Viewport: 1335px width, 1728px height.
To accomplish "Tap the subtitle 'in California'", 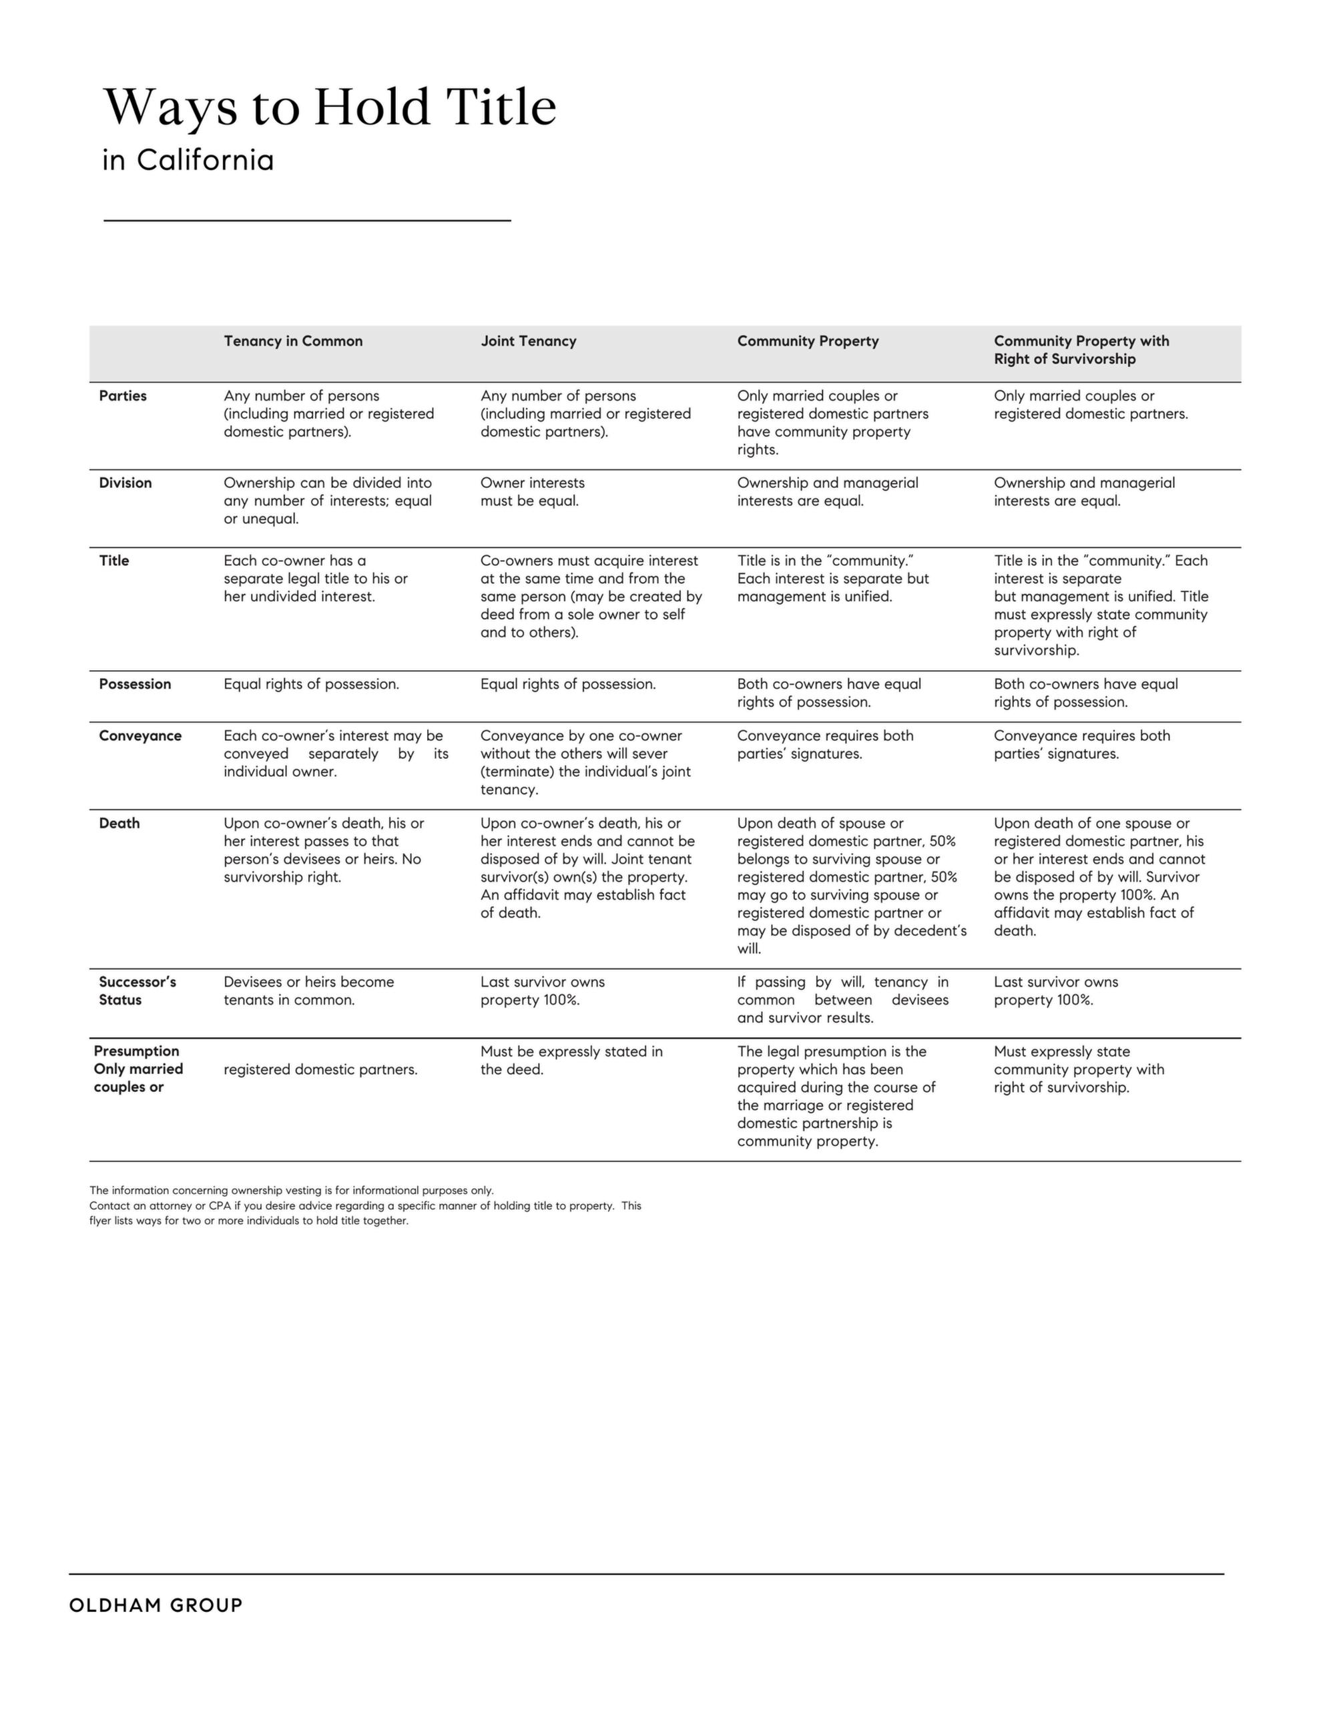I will pos(188,161).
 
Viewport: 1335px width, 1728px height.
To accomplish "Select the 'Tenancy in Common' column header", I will pos(293,341).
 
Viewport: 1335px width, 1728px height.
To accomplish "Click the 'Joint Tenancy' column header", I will pos(528,341).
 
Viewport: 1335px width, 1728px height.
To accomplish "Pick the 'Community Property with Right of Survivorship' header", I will pos(1081,350).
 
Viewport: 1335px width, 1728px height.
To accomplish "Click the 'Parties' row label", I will pos(123,396).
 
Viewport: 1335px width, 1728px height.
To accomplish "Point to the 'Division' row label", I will pos(125,483).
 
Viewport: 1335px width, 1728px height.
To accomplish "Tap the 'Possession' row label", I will pos(135,683).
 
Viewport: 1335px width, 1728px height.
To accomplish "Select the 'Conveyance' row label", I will pos(140,736).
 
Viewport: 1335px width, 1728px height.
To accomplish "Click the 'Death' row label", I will pos(119,823).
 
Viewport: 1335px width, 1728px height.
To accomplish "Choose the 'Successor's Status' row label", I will pos(137,990).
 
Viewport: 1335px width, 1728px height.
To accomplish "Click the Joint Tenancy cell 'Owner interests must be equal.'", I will pos(532,491).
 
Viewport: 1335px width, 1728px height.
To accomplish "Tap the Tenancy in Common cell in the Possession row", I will pos(311,683).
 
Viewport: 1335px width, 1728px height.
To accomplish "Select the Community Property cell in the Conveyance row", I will pos(824,744).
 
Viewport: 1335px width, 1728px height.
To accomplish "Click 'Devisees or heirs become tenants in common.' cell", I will pos(308,990).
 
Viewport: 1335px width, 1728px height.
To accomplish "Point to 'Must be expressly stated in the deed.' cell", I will pos(571,1060).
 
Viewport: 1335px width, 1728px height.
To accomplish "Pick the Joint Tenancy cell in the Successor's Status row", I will pos(542,990).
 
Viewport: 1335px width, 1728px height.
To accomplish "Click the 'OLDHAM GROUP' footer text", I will pos(156,1605).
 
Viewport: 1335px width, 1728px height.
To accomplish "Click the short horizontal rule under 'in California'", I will pos(307,221).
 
